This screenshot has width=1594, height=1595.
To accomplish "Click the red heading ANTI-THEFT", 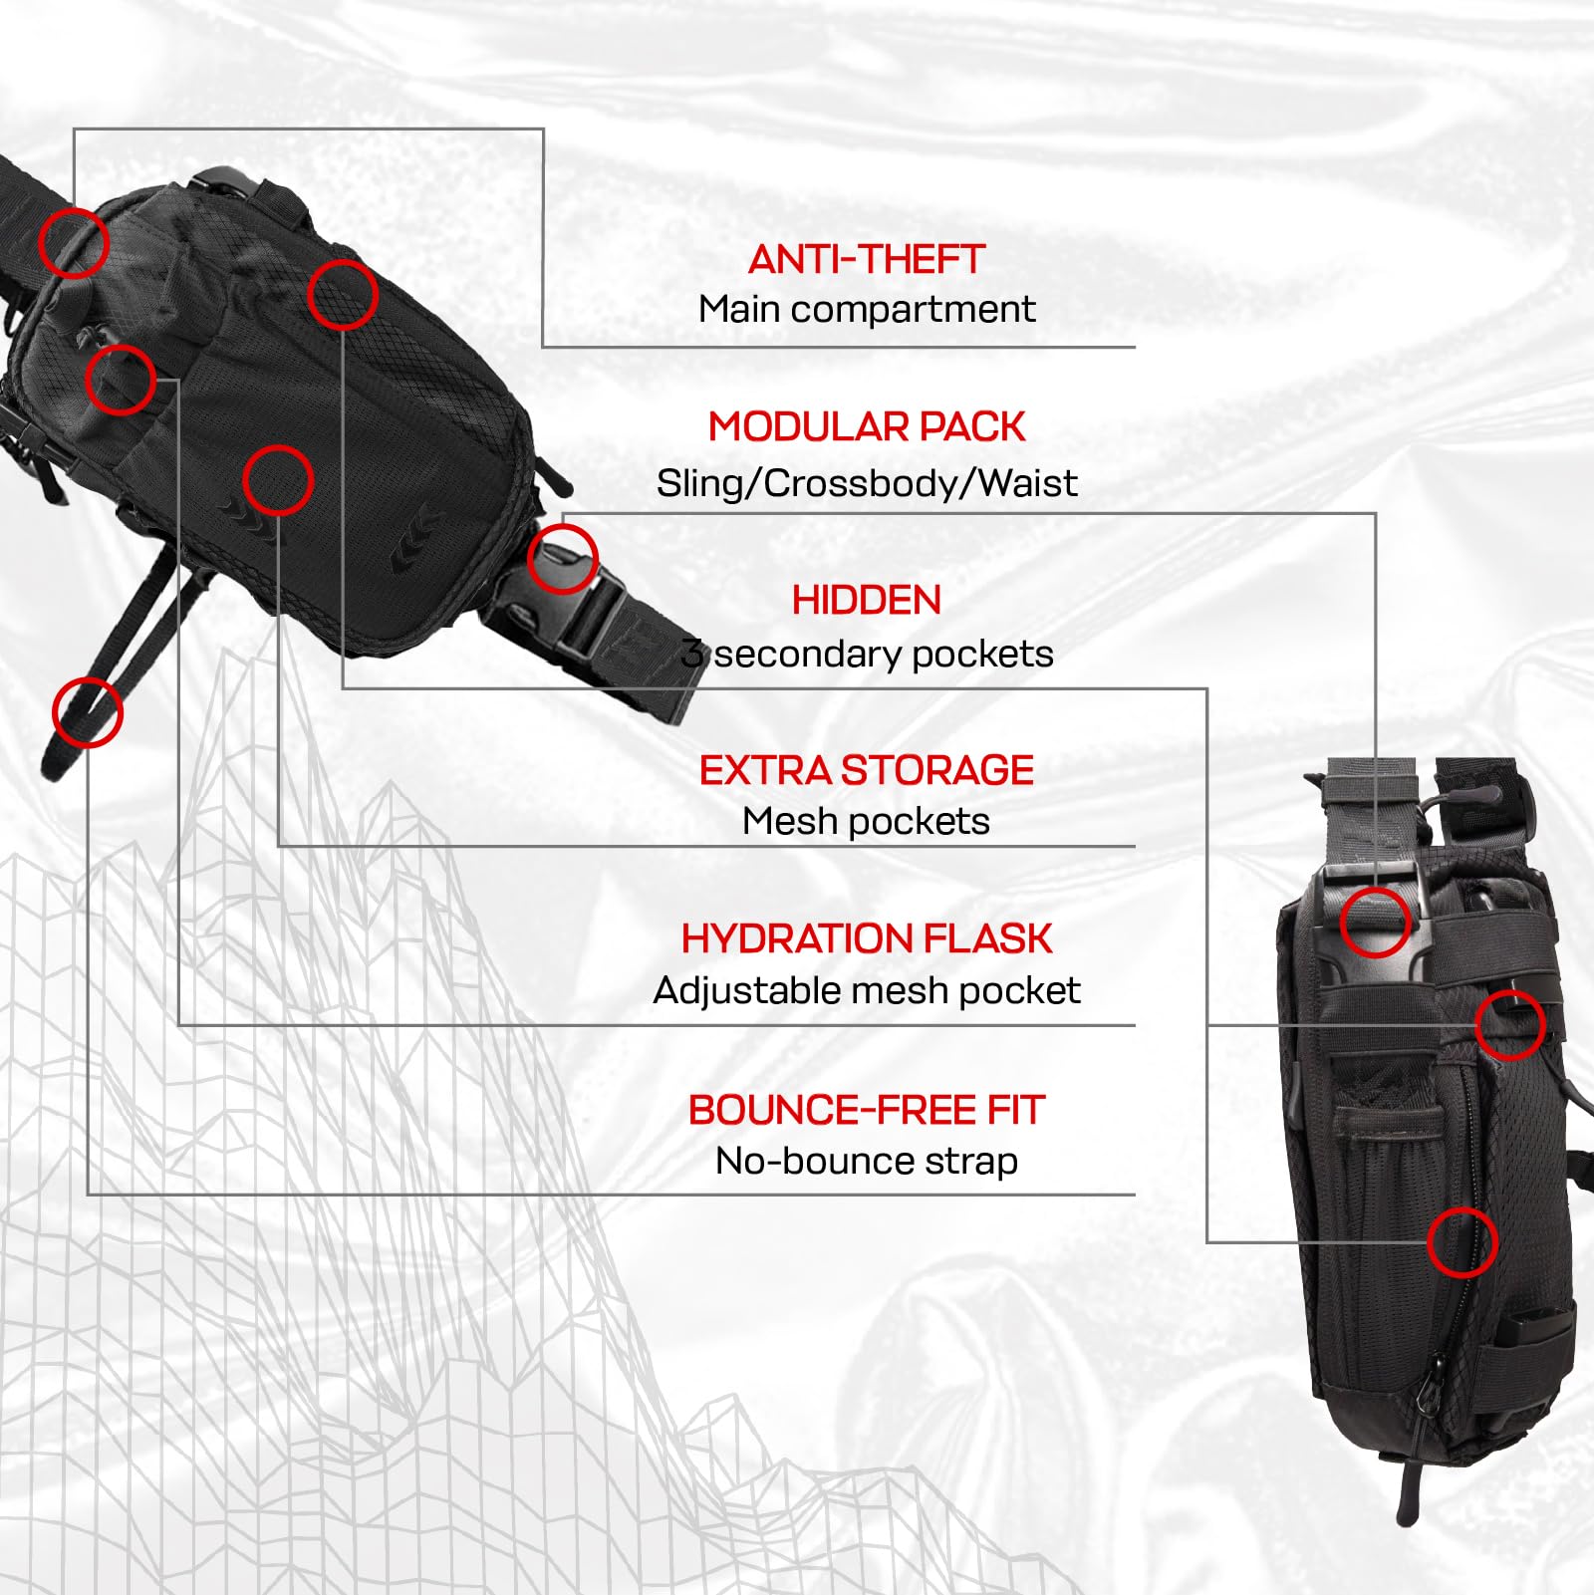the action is (x=866, y=260).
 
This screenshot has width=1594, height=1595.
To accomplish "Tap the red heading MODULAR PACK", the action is (x=866, y=426).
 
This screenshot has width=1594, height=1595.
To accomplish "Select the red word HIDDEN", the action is (x=866, y=601).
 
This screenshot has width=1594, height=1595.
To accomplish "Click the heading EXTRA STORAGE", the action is (x=866, y=770).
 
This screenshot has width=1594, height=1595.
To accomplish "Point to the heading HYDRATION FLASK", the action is (x=866, y=938).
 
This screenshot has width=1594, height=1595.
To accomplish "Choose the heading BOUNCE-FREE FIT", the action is (x=866, y=1110).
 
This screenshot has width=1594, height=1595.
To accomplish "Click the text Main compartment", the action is (x=867, y=310).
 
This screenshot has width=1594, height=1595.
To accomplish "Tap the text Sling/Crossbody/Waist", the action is (x=867, y=484).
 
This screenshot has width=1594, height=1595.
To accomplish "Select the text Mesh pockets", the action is (x=866, y=822).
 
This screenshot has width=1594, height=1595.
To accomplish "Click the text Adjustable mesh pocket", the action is (x=867, y=991).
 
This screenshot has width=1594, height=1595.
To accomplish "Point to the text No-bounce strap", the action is (x=867, y=1162).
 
